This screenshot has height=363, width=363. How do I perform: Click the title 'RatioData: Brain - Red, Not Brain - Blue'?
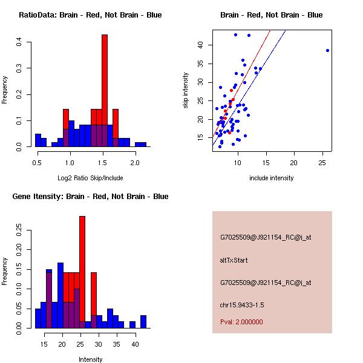pos(90,15)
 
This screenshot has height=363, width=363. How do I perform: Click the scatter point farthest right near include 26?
pos(327,50)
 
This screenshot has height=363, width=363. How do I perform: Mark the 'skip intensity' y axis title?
pos(186,90)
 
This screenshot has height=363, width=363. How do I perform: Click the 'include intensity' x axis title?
pos(272,178)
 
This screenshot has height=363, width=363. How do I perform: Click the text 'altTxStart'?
pos(234,260)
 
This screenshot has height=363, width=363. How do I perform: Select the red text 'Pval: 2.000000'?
pos(241,322)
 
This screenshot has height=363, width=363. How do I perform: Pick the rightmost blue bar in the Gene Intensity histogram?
pos(143,322)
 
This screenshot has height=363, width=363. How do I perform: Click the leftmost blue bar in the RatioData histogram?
pos(38,141)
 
